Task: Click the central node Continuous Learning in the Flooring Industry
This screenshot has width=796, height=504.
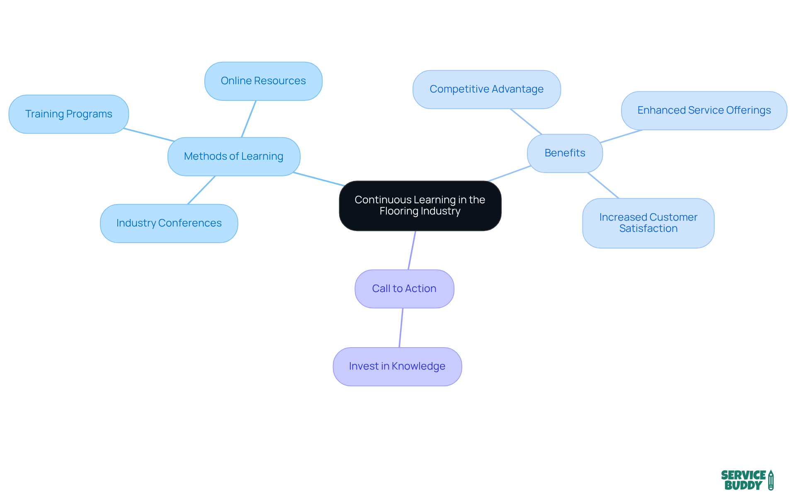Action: [420, 206]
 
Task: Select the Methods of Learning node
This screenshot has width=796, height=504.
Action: [234, 156]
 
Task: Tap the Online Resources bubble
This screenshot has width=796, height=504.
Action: [263, 81]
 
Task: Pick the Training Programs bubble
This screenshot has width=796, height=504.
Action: [69, 114]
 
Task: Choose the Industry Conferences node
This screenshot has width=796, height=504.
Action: [169, 223]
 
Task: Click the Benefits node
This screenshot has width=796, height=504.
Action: [565, 153]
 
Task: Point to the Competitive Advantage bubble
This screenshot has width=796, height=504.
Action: [486, 89]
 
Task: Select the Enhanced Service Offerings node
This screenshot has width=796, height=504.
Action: [704, 110]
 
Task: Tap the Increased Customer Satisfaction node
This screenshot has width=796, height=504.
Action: [648, 223]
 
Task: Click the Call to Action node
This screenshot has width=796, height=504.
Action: [404, 289]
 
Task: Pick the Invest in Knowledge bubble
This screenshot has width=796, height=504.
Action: [397, 366]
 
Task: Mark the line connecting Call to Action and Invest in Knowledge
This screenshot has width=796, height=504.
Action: [401, 328]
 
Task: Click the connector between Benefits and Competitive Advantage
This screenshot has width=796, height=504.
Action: [526, 122]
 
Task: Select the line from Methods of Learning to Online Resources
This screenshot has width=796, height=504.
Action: [249, 119]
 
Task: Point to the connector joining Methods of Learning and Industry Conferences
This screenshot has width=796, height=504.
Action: [201, 190]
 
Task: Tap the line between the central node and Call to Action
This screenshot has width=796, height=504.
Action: [412, 250]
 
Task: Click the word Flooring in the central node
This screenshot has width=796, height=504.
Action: [398, 211]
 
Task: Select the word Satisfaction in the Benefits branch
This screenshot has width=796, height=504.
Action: [648, 229]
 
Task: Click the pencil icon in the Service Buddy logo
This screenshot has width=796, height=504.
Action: [771, 480]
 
